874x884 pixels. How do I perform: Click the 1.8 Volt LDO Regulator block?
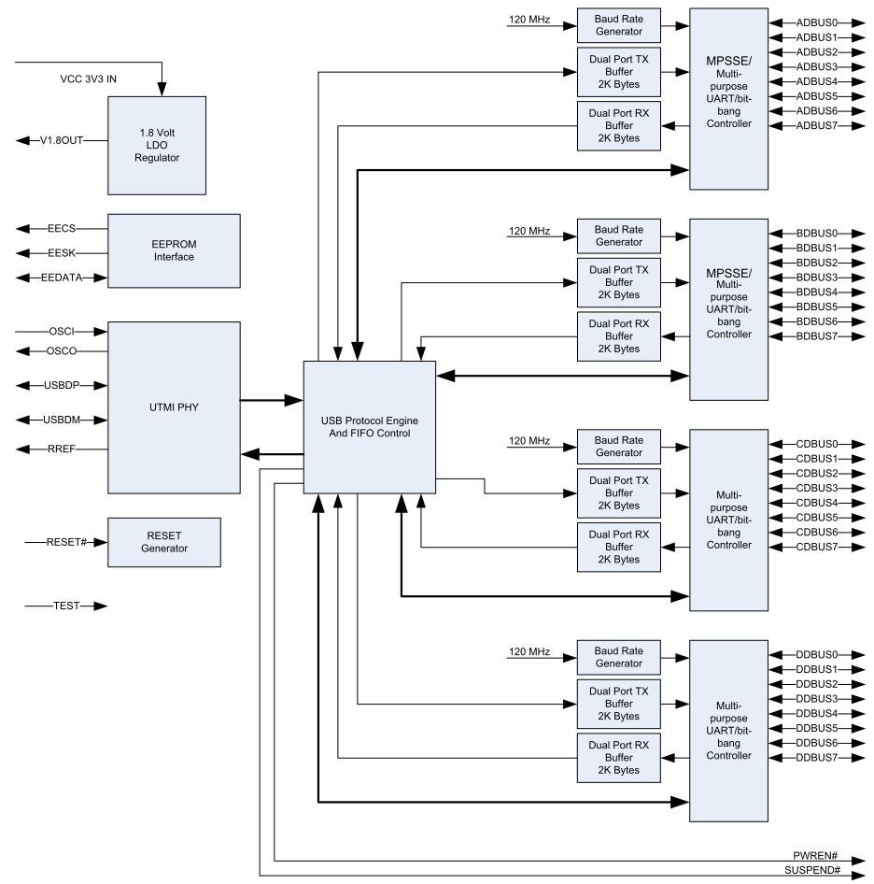point(157,146)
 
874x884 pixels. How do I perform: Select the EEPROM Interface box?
point(174,250)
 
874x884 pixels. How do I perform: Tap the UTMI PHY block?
point(174,407)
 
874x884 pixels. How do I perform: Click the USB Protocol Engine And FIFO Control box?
point(370,427)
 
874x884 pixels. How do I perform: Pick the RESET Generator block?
point(164,542)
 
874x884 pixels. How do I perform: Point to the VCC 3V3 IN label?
point(89,78)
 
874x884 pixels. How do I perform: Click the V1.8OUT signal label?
point(62,140)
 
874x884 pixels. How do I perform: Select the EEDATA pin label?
point(62,278)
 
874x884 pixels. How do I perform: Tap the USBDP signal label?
point(62,386)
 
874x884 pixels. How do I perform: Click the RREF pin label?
point(62,449)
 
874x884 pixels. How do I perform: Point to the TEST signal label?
point(66,606)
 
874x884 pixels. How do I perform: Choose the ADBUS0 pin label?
point(816,23)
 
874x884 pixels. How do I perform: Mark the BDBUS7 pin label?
point(816,336)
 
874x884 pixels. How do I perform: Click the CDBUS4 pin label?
point(816,503)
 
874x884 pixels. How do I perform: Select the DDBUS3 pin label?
point(816,699)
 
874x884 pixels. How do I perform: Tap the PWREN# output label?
point(815,856)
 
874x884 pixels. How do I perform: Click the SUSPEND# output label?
point(812,871)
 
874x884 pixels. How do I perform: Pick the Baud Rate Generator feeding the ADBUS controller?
point(619,25)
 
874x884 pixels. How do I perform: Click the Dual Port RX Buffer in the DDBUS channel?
point(619,758)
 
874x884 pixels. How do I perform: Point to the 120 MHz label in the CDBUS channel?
point(529,441)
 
